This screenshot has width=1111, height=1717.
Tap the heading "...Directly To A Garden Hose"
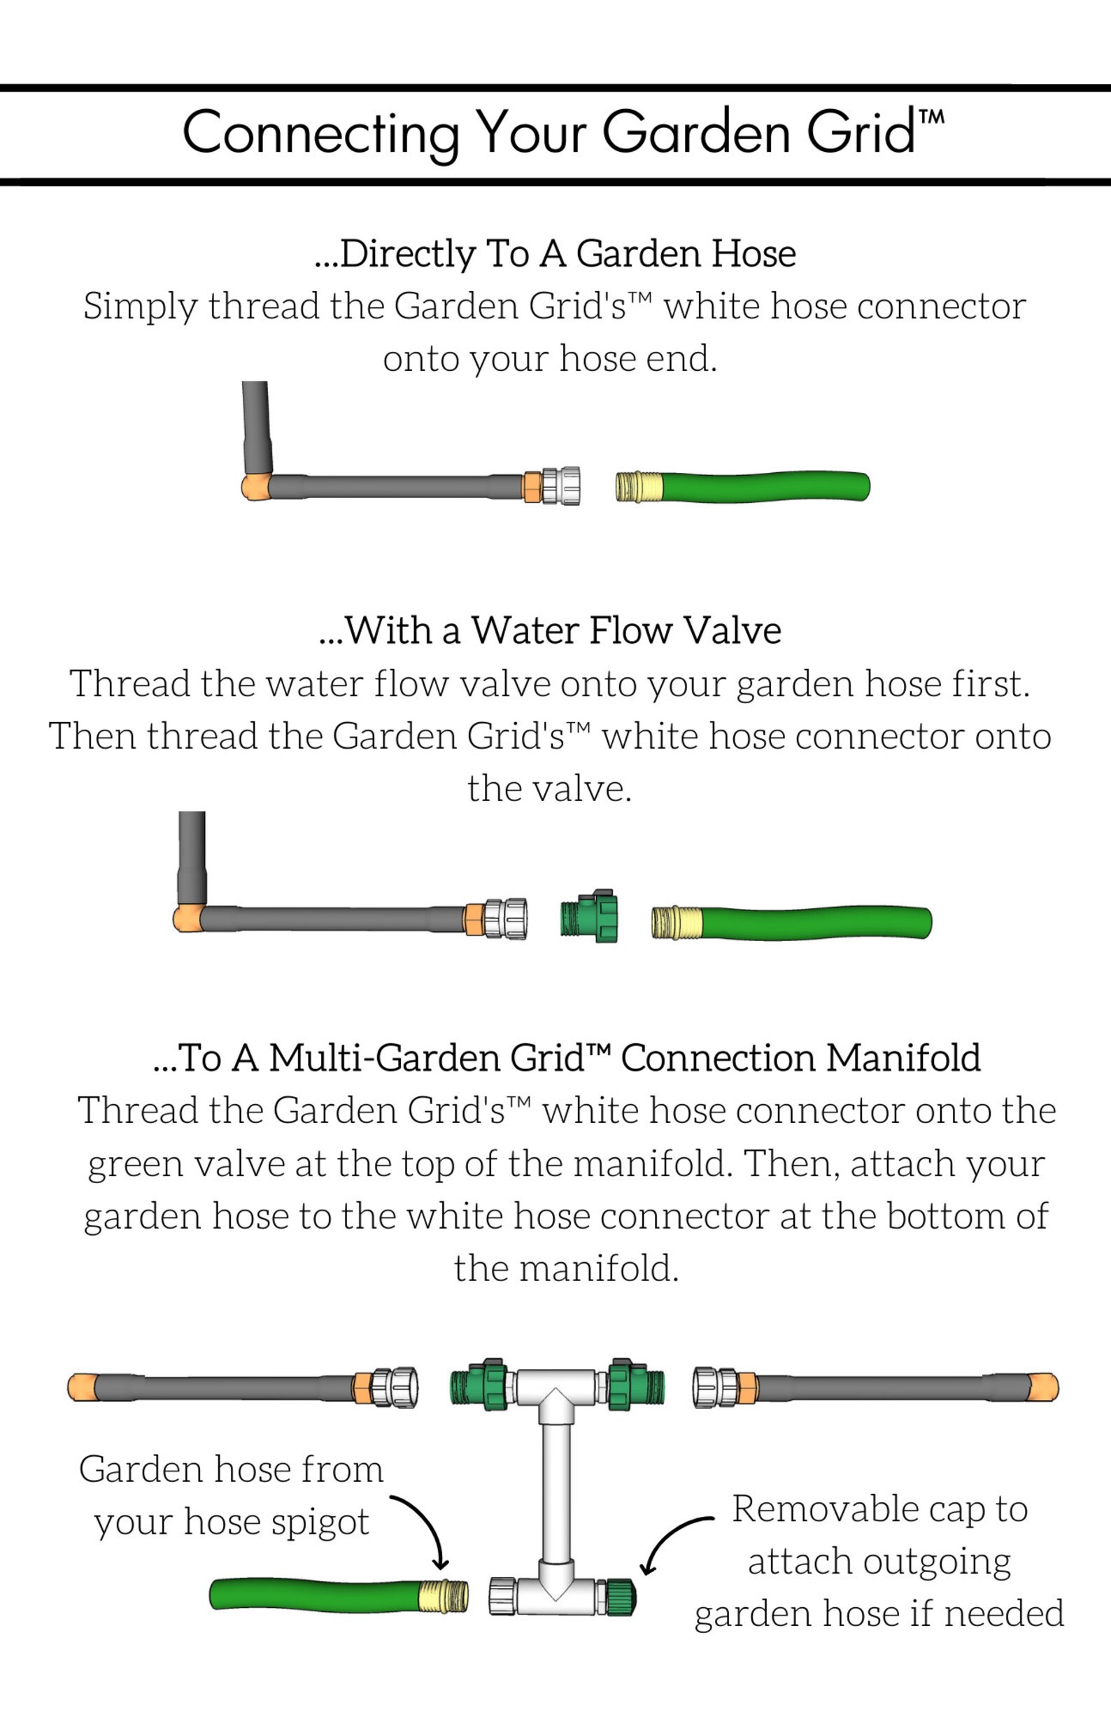pos(555,254)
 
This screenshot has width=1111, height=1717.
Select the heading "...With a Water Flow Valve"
pos(550,630)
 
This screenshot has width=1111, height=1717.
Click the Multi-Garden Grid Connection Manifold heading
pos(566,1059)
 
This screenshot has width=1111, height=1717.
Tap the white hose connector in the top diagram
pos(561,486)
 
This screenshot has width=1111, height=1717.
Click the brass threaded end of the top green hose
pos(639,486)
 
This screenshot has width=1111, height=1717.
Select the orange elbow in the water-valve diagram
pos(187,919)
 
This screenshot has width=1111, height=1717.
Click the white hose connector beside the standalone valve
pos(505,919)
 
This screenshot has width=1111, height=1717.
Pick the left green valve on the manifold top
pos(478,1385)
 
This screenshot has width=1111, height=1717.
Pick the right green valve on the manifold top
pos(635,1385)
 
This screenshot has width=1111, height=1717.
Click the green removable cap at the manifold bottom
pos(619,1597)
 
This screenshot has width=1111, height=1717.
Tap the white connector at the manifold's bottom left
pos(502,1597)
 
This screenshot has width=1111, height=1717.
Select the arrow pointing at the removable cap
pos(671,1540)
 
